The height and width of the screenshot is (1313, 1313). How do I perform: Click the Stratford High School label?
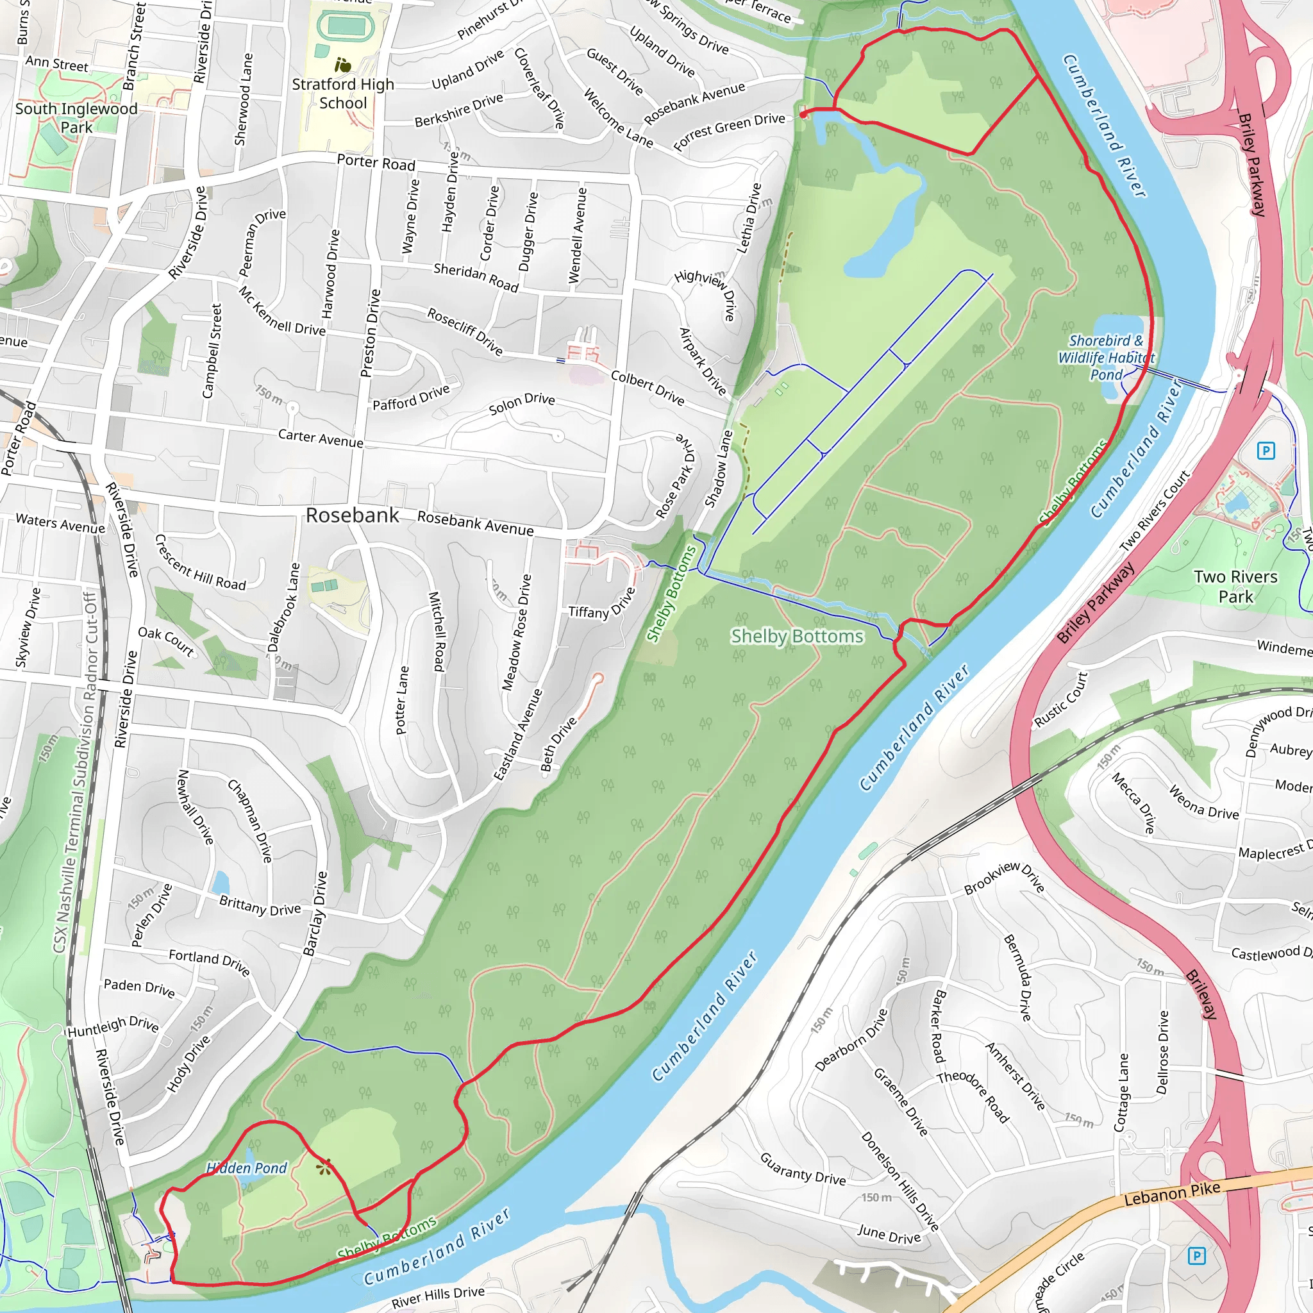tap(343, 94)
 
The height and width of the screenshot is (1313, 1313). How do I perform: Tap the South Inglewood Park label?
tap(76, 118)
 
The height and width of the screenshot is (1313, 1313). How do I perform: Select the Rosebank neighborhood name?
tap(352, 515)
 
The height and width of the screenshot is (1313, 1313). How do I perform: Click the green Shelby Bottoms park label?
tap(797, 636)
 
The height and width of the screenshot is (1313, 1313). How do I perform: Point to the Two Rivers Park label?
tap(1235, 587)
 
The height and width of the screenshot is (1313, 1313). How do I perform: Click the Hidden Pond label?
tap(247, 1167)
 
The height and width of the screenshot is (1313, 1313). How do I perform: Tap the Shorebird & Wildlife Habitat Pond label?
tap(1106, 358)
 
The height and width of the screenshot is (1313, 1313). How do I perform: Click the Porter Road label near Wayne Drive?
tap(376, 163)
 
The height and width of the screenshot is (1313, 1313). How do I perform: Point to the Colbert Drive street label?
tap(647, 387)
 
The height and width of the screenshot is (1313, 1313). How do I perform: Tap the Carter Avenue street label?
tap(321, 438)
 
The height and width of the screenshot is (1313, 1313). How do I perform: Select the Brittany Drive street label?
tap(260, 905)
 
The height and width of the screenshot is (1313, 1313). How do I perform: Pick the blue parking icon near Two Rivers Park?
tap(1266, 451)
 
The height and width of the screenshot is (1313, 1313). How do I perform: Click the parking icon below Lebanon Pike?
tap(1197, 1255)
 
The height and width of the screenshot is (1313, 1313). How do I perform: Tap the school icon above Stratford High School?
tap(343, 65)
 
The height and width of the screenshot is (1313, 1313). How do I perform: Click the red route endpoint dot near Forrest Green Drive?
tap(803, 115)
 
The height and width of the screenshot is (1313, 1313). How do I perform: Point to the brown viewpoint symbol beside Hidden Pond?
tap(324, 1167)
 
